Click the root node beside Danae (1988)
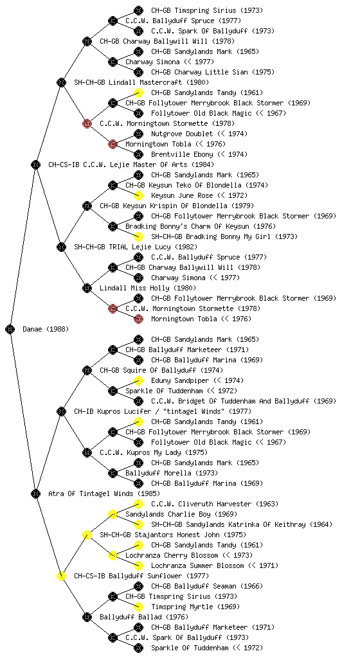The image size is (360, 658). (x=10, y=329)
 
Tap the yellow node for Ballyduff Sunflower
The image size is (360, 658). (x=61, y=576)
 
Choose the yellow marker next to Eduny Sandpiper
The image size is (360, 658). (x=138, y=380)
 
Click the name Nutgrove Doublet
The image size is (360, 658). (x=182, y=134)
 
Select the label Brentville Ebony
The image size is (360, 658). (x=182, y=154)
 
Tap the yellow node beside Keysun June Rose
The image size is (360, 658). (x=138, y=195)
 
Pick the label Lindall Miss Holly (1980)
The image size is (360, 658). (x=148, y=288)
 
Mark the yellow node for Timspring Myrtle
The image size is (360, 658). (x=138, y=607)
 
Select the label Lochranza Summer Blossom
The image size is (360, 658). (x=197, y=565)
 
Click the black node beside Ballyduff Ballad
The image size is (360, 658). (x=87, y=617)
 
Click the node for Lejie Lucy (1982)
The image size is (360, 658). (x=61, y=247)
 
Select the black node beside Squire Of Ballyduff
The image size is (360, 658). (x=87, y=370)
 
